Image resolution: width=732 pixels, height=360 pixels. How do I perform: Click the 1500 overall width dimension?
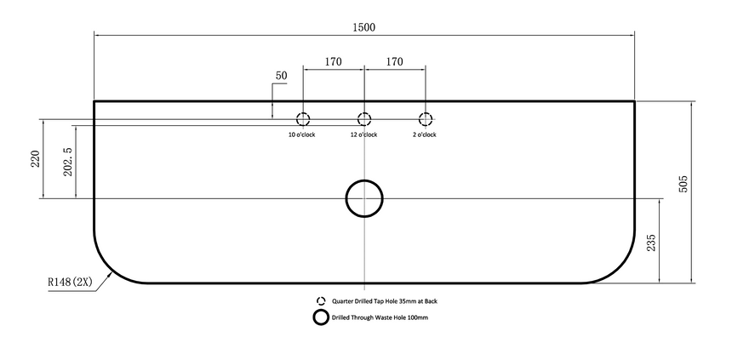click(363, 27)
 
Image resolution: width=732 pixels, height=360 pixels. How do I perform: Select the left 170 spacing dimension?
click(333, 61)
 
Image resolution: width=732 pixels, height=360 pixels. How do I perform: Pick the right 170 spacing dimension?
click(394, 61)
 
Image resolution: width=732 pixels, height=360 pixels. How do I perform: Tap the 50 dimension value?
click(281, 76)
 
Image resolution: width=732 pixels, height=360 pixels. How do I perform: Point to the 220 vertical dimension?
click(36, 159)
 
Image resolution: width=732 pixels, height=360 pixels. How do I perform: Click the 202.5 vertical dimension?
click(68, 162)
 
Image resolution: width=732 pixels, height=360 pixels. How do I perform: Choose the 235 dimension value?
click(651, 243)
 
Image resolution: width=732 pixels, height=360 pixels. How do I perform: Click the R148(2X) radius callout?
click(70, 282)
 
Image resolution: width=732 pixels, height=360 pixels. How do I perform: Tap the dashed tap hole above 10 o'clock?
click(303, 119)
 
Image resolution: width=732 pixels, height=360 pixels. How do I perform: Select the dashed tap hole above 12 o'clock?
click(364, 119)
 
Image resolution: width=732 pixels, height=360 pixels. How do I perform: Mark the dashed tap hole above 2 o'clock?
click(426, 119)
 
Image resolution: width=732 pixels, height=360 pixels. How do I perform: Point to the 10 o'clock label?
click(302, 135)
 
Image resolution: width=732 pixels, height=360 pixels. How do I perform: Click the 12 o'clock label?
click(363, 135)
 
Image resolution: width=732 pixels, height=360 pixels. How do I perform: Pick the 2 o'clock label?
click(425, 135)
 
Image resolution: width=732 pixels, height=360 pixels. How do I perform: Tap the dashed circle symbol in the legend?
click(321, 301)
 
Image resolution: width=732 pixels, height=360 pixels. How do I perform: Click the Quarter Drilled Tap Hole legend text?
click(385, 301)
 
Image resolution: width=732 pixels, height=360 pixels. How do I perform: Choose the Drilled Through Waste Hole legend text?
click(380, 317)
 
